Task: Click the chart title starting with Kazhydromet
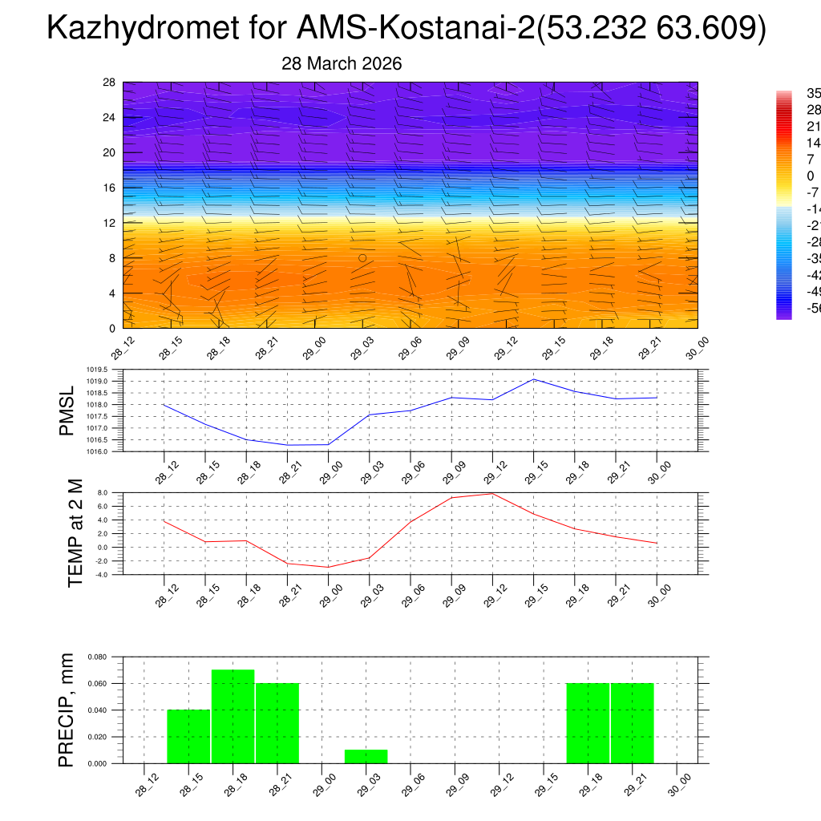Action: coord(406,29)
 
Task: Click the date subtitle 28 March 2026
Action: coord(342,63)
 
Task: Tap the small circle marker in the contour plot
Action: coord(362,258)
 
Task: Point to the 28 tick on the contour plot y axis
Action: coord(110,83)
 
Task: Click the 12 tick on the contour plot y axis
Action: coord(110,223)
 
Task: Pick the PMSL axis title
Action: coord(67,410)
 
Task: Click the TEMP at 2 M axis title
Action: coord(76,533)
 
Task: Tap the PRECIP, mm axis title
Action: coord(67,710)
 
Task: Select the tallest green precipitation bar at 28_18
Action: coord(233,716)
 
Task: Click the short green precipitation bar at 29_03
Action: coord(366,756)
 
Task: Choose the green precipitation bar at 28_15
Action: coord(188,736)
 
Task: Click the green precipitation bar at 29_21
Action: coord(633,722)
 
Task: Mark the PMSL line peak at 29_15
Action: coord(534,379)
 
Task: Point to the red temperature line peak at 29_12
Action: coord(492,494)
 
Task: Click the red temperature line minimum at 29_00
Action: coord(328,567)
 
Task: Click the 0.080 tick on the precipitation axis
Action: coord(97,657)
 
